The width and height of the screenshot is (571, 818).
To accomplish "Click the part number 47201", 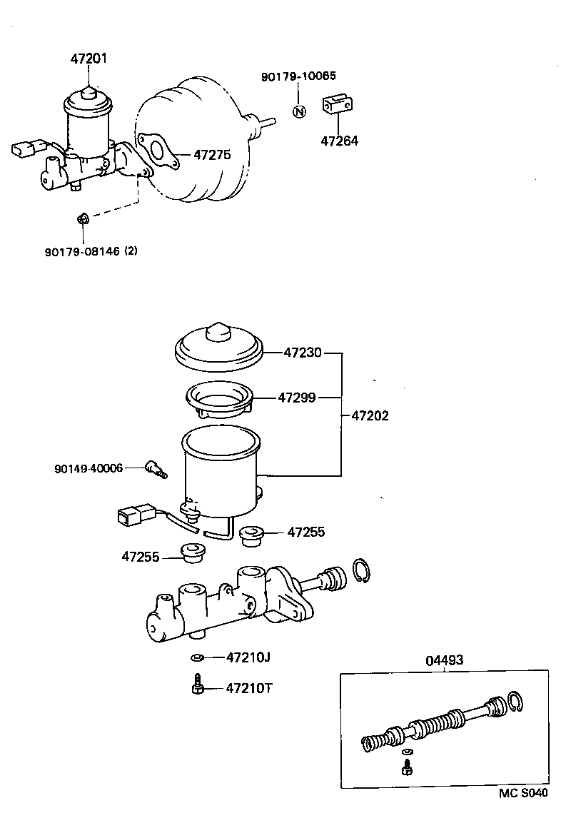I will tap(89, 59).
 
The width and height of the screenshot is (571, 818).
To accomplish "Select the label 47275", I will tap(211, 154).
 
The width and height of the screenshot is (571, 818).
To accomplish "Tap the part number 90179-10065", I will tap(298, 76).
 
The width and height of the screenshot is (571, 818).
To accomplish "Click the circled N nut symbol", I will tap(299, 111).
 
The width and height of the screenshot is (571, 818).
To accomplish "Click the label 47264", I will tap(339, 141).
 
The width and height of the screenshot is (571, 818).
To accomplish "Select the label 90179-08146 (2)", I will tap(90, 251).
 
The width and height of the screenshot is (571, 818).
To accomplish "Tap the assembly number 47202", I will tap(370, 415).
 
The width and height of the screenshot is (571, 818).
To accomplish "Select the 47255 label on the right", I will tap(306, 532).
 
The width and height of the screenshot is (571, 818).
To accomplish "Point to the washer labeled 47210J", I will tap(198, 657).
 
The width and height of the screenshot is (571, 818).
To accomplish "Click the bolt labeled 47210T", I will tap(198, 686).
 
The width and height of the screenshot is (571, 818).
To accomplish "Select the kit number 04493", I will tap(444, 660).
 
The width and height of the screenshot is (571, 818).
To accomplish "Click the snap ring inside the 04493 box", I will tap(515, 702).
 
